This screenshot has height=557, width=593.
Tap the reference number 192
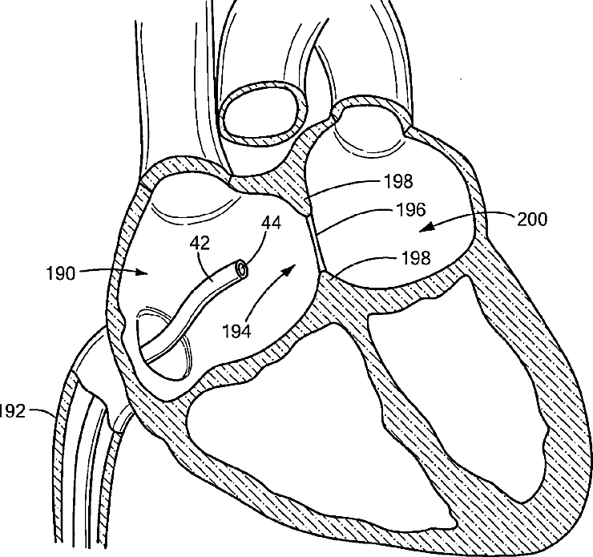(12, 413)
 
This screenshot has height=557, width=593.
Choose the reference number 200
(531, 219)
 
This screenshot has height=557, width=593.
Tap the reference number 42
(200, 241)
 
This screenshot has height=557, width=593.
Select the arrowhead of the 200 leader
(426, 229)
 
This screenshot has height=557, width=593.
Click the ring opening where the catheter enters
(164, 341)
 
